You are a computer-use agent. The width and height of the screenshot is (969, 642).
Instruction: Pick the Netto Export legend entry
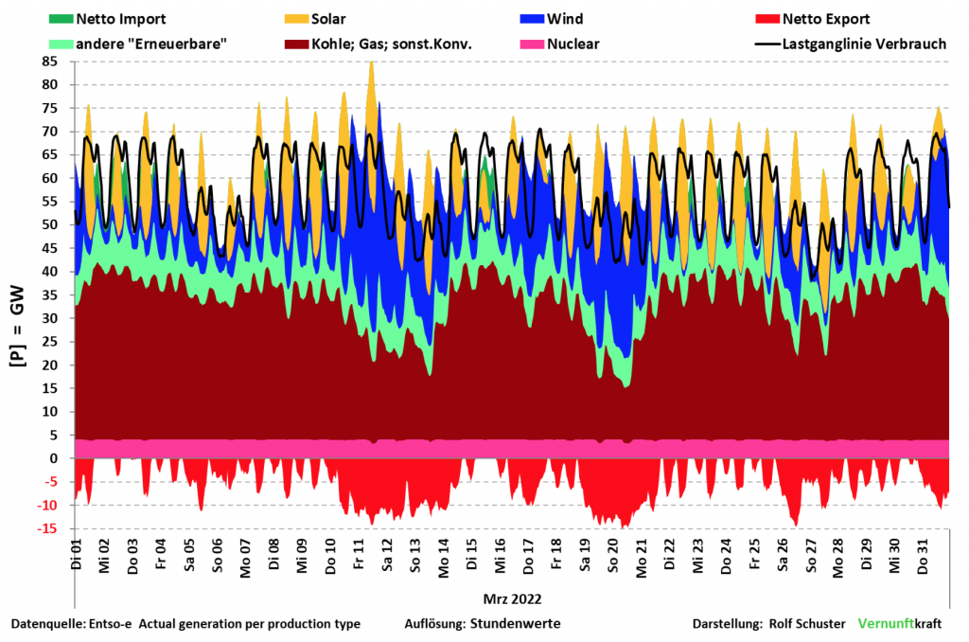(x=826, y=18)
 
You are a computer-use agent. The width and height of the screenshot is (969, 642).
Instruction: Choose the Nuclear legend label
(x=573, y=44)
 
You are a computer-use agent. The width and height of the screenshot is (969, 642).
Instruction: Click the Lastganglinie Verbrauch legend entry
(x=864, y=44)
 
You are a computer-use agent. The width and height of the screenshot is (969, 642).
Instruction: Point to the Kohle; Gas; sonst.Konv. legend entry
(x=391, y=44)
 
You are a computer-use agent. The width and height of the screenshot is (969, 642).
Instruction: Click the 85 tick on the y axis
(x=49, y=62)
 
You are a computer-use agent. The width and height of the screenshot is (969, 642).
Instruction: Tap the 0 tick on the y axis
(x=54, y=458)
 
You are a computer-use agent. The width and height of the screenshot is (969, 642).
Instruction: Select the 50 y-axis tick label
(x=49, y=224)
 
